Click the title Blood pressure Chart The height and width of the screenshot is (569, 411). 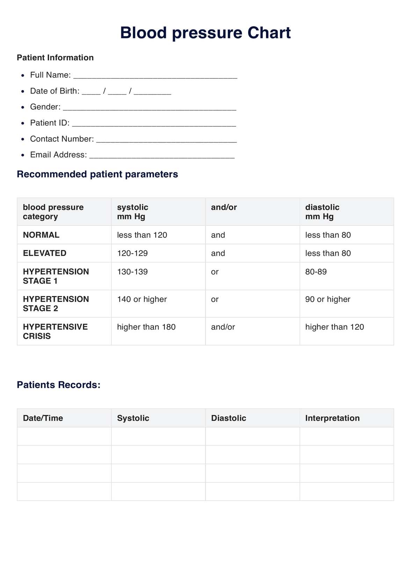click(x=205, y=33)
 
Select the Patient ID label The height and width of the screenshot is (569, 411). click(x=50, y=123)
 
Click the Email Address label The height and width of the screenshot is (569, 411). click(x=58, y=155)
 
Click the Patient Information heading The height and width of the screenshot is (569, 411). click(x=55, y=58)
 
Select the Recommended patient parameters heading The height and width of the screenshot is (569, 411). click(x=97, y=174)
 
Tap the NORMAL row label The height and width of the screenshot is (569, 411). click(x=41, y=235)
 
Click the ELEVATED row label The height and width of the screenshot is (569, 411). click(x=45, y=253)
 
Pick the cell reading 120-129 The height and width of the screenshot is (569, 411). click(x=132, y=253)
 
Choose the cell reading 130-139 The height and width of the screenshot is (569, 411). click(x=132, y=272)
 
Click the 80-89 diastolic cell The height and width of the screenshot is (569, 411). click(x=316, y=272)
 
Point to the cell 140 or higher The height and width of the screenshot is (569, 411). click(x=142, y=299)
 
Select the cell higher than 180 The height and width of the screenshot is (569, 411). click(x=146, y=327)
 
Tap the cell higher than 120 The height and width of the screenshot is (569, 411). click(x=334, y=327)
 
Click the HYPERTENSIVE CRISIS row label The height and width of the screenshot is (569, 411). click(x=55, y=331)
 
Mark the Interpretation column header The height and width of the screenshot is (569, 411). click(x=332, y=418)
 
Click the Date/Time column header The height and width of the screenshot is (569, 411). click(x=43, y=418)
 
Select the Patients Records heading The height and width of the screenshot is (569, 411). click(x=59, y=385)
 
